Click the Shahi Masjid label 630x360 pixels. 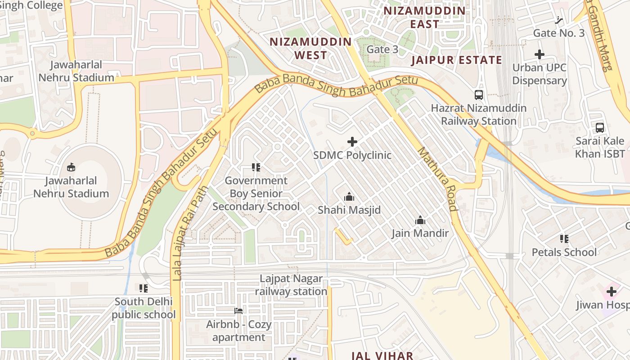(349, 210)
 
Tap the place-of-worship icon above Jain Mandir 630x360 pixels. (420, 220)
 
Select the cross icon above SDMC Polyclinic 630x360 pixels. (352, 142)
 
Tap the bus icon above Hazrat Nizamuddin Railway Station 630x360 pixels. (479, 95)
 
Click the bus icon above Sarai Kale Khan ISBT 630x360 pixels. (600, 128)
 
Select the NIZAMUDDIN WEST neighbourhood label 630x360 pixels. (310, 49)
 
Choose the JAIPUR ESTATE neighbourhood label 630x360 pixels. (456, 60)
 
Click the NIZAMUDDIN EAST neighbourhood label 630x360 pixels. (424, 17)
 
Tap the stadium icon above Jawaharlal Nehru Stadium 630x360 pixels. (71, 167)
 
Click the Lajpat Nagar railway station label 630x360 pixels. (291, 285)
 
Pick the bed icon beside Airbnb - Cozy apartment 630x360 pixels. (238, 311)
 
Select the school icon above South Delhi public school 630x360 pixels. (144, 288)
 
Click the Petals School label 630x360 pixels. (564, 252)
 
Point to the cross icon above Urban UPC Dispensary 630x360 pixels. (539, 55)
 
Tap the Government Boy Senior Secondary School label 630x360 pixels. (256, 193)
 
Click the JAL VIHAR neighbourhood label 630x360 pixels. (382, 355)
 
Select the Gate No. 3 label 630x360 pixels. (558, 33)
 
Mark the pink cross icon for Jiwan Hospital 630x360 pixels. (611, 292)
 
